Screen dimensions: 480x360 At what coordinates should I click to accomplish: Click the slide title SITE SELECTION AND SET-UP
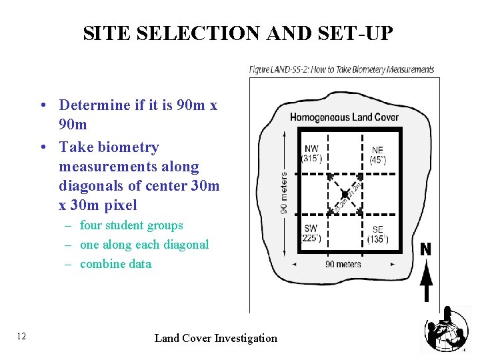click(239, 33)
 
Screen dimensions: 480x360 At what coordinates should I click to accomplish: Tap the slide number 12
click(21, 336)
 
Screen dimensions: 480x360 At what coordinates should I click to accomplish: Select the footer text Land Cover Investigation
click(215, 338)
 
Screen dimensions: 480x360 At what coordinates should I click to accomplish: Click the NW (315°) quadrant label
click(311, 154)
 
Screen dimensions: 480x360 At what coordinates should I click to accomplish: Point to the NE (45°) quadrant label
click(377, 154)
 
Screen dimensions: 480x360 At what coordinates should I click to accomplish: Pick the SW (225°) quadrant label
click(311, 233)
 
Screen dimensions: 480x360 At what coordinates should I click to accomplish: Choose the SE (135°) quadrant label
click(377, 234)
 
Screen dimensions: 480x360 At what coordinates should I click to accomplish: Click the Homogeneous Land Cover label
click(344, 117)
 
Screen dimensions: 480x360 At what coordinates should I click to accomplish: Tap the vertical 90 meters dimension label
click(284, 193)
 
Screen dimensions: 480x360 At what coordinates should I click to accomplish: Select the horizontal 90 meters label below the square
click(343, 264)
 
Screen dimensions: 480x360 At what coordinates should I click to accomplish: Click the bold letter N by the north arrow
click(425, 249)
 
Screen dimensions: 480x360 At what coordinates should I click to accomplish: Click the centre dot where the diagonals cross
click(345, 193)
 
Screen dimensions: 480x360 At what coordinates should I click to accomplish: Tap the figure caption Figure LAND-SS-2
click(341, 69)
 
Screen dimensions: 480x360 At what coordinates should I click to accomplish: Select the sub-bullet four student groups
click(131, 225)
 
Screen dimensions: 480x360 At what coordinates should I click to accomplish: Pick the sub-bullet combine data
click(115, 263)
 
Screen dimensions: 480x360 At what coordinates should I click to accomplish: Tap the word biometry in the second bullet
click(127, 147)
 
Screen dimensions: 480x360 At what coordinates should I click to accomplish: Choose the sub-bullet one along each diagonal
click(144, 245)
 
